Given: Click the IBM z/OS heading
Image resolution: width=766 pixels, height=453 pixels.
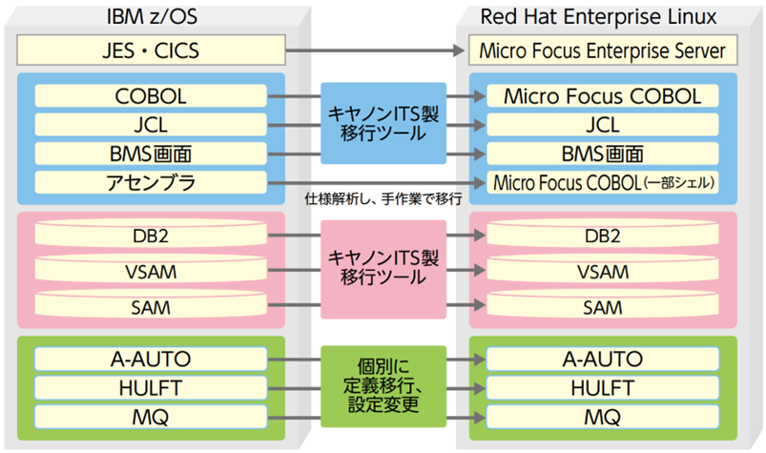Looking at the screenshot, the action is [x=152, y=16].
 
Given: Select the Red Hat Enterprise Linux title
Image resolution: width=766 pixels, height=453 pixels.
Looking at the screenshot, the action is [x=598, y=16].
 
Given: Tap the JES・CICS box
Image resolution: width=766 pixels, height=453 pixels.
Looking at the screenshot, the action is [x=151, y=50].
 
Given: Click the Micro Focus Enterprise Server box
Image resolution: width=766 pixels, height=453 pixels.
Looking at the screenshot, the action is [x=603, y=50].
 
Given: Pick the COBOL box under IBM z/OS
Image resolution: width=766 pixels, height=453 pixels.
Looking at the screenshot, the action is [x=151, y=95].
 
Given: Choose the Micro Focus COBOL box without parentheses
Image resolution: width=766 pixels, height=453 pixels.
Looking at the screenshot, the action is [x=603, y=95].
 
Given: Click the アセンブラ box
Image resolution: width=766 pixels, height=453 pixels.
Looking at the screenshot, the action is [x=151, y=182].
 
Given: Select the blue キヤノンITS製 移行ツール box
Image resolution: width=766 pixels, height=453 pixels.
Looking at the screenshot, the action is [x=383, y=123].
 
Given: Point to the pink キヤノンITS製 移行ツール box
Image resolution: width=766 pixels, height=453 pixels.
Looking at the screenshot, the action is [x=383, y=269].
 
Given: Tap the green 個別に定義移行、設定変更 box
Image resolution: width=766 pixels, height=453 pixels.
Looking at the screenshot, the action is [x=383, y=386].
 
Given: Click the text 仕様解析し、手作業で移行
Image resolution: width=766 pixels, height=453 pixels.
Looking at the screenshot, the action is [x=383, y=199].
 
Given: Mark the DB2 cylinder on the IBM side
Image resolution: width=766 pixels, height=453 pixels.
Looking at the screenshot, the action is [x=151, y=234].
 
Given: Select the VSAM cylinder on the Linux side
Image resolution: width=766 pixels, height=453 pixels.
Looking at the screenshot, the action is [x=603, y=269].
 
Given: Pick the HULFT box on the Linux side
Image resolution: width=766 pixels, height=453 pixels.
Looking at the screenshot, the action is [x=603, y=388].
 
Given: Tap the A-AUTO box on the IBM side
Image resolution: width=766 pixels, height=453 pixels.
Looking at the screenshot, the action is [x=151, y=360].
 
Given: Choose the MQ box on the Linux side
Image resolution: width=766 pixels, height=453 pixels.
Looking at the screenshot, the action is [x=603, y=417].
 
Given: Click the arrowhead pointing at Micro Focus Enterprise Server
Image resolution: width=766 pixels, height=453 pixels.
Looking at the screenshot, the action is [x=459, y=50].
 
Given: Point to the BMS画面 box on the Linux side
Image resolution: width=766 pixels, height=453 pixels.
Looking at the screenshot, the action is [x=603, y=154].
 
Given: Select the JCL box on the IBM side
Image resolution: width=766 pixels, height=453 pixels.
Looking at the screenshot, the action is [x=151, y=125].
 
